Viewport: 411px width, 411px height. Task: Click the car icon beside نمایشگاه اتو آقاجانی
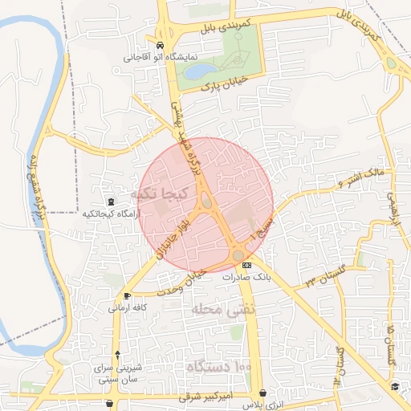(x=161, y=46)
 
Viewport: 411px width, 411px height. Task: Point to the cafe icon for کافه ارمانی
(x=128, y=296)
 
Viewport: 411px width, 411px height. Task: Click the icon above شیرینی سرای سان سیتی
(x=119, y=355)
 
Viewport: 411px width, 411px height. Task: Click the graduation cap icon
(x=395, y=387)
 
